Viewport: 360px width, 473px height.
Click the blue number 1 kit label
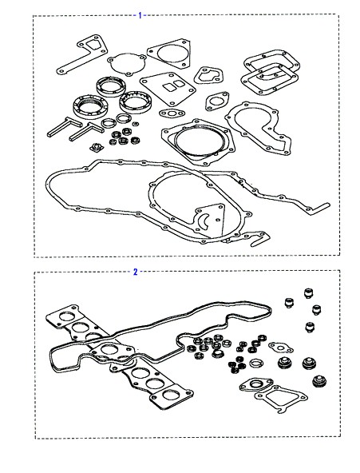tap(140, 15)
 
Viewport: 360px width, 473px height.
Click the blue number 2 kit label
tap(135, 272)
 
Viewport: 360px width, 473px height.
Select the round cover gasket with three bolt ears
tap(128, 64)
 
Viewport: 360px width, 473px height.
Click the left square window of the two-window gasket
tap(168, 87)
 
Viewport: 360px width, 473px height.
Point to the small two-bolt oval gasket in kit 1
tap(172, 113)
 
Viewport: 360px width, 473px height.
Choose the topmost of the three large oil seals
tap(111, 86)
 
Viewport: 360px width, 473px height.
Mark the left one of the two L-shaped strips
tap(64, 127)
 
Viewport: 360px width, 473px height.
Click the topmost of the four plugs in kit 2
tap(308, 293)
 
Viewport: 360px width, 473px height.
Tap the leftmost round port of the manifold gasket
tap(67, 316)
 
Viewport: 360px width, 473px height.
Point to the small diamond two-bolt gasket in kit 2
tap(280, 348)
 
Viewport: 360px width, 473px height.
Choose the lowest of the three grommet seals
tap(319, 382)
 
